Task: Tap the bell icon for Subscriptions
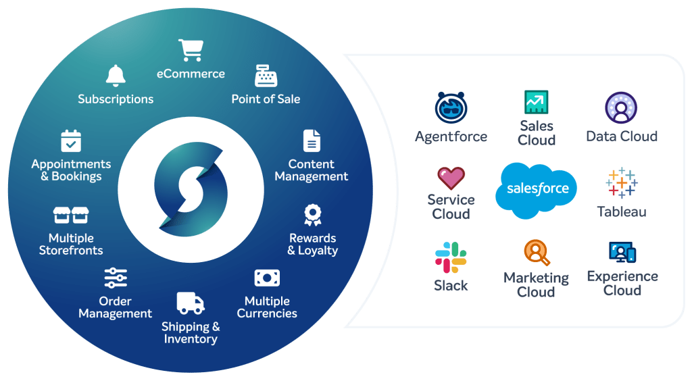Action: point(116,76)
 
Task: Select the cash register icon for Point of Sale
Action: point(266,76)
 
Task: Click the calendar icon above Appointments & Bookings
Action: point(71,141)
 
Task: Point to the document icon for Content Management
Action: point(312,141)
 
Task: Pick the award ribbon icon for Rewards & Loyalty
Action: point(312,215)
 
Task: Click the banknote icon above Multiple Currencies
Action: point(267,278)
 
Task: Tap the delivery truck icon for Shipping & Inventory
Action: point(190,303)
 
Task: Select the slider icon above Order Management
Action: point(116,278)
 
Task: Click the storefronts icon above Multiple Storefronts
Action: point(71,215)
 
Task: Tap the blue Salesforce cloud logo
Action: point(537,190)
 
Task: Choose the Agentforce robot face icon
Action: point(451,108)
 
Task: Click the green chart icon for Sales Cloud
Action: point(537,102)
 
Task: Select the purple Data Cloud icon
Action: point(621,108)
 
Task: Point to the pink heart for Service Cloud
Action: point(451,178)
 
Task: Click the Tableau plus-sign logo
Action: point(622,182)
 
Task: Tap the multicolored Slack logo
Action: point(451,257)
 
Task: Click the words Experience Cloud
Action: point(622,283)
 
